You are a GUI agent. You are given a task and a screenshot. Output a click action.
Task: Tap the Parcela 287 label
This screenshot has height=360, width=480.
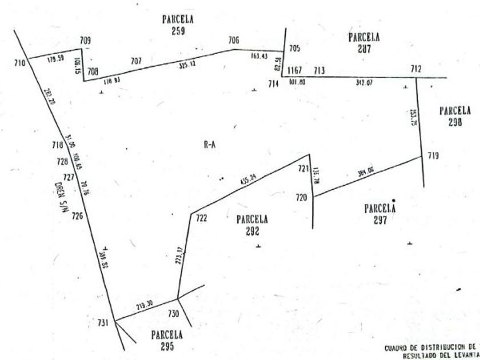(364, 43)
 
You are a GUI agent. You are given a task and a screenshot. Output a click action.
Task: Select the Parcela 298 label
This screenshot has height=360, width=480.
(455, 116)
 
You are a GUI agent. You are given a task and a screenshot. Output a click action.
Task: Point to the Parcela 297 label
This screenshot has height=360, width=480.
(380, 213)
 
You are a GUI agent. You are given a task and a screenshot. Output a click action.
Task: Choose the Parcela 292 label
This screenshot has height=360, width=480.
(252, 225)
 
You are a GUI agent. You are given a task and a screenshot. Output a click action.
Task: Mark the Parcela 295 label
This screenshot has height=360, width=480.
(167, 341)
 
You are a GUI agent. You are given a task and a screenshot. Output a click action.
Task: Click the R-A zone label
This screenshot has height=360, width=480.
(209, 145)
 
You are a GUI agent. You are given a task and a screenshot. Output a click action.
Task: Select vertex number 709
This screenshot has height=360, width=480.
(85, 41)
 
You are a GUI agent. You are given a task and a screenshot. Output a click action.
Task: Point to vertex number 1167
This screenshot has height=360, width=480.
(294, 70)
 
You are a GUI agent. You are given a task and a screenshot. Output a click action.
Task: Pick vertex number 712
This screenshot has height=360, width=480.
(416, 70)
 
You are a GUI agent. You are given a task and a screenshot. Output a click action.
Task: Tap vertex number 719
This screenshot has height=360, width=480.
(433, 155)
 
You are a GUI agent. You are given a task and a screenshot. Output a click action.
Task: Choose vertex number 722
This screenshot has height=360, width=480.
(201, 219)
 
